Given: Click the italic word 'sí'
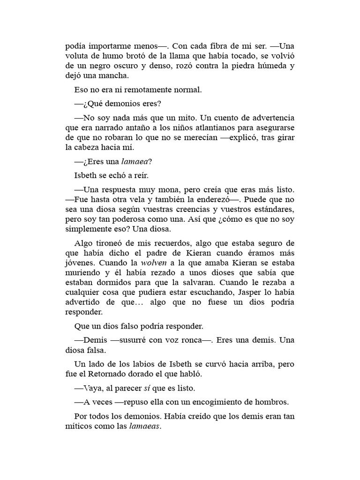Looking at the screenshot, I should tap(146, 388).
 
